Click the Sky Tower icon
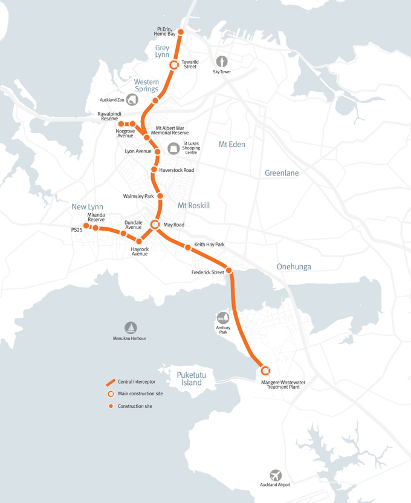(x=222, y=61)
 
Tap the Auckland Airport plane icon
(x=276, y=476)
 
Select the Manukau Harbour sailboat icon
(x=131, y=327)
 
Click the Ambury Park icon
(x=223, y=318)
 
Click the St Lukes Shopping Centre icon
(x=173, y=148)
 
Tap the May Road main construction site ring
(x=155, y=225)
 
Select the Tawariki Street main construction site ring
(x=173, y=65)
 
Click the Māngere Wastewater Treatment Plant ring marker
(x=265, y=370)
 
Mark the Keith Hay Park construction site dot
(x=188, y=247)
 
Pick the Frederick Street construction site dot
(x=229, y=270)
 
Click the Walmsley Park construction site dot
(x=160, y=196)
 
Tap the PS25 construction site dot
(x=86, y=226)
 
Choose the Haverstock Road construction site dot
(x=154, y=170)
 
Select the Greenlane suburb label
(x=282, y=173)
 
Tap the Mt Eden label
(x=231, y=144)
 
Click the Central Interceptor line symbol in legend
(x=111, y=382)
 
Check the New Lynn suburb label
(x=88, y=207)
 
